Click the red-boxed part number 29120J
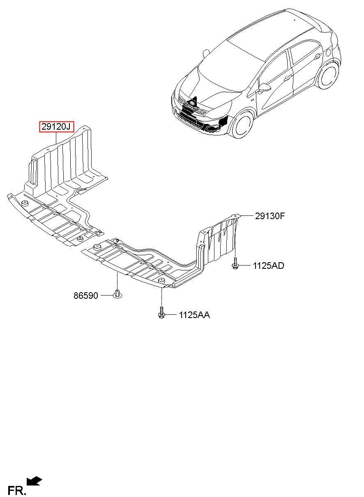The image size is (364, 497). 57,127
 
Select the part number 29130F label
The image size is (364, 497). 270,216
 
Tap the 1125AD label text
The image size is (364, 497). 268,266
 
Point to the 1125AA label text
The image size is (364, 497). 194,315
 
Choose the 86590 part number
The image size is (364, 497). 86,295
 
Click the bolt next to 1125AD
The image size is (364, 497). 235,263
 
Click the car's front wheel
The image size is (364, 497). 241,124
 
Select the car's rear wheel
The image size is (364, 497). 328,75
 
